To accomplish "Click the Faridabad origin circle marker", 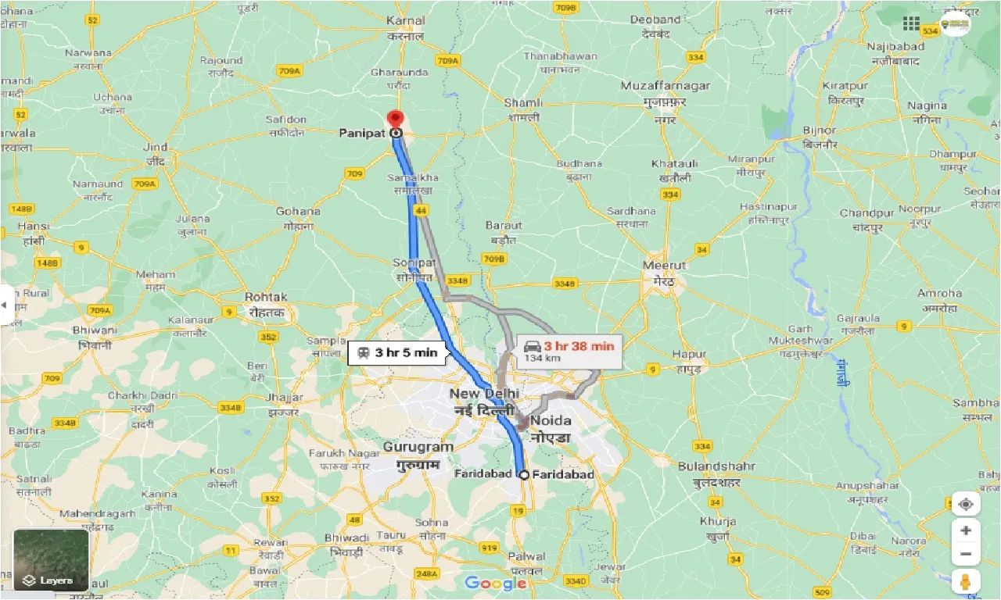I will pyautogui.click(x=523, y=474).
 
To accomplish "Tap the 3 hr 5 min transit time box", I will pyautogui.click(x=398, y=352).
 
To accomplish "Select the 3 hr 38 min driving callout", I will pyautogui.click(x=569, y=351).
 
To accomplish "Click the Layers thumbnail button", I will pyautogui.click(x=51, y=559).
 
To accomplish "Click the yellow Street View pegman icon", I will pyautogui.click(x=966, y=581).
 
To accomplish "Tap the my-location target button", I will pyautogui.click(x=966, y=504).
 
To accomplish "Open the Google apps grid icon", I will pyautogui.click(x=911, y=23).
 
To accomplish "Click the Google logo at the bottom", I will pyautogui.click(x=496, y=583).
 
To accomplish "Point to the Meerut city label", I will pyautogui.click(x=664, y=265).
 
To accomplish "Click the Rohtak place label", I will pyautogui.click(x=266, y=297).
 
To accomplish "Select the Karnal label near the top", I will pyautogui.click(x=406, y=21).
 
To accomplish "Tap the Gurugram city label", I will pyautogui.click(x=418, y=448).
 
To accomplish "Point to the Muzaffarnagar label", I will pyautogui.click(x=666, y=85).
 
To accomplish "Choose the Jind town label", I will pyautogui.click(x=156, y=147).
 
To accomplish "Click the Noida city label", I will pyautogui.click(x=551, y=421).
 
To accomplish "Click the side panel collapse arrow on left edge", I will pyautogui.click(x=5, y=304).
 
